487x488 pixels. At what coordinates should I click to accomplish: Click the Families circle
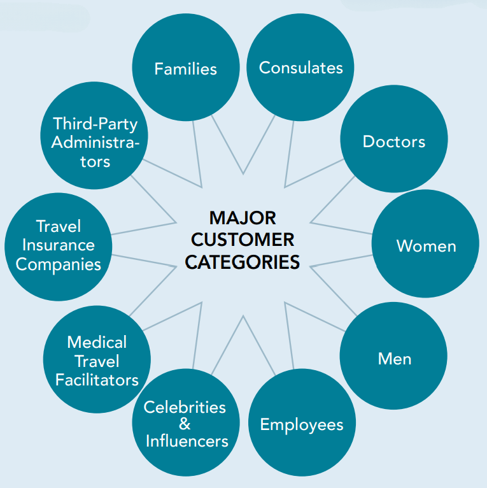point(185,68)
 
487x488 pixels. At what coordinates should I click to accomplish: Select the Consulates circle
point(300,68)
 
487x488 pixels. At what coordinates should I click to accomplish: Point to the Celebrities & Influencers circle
point(186,423)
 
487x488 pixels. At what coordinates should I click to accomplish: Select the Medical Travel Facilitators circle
point(97,361)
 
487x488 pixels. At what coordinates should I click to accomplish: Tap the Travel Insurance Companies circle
point(58,246)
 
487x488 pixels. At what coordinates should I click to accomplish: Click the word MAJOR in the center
point(243,218)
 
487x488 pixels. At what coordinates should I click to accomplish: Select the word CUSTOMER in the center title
point(243,240)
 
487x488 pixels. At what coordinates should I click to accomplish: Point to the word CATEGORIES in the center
point(243,261)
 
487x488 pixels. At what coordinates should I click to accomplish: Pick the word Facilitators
point(97,380)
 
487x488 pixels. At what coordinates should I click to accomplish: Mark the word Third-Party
point(95,123)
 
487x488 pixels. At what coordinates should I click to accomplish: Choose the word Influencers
point(187,441)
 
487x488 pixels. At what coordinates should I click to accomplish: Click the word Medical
point(97,342)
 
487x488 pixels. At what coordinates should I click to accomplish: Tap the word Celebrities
point(185,406)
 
